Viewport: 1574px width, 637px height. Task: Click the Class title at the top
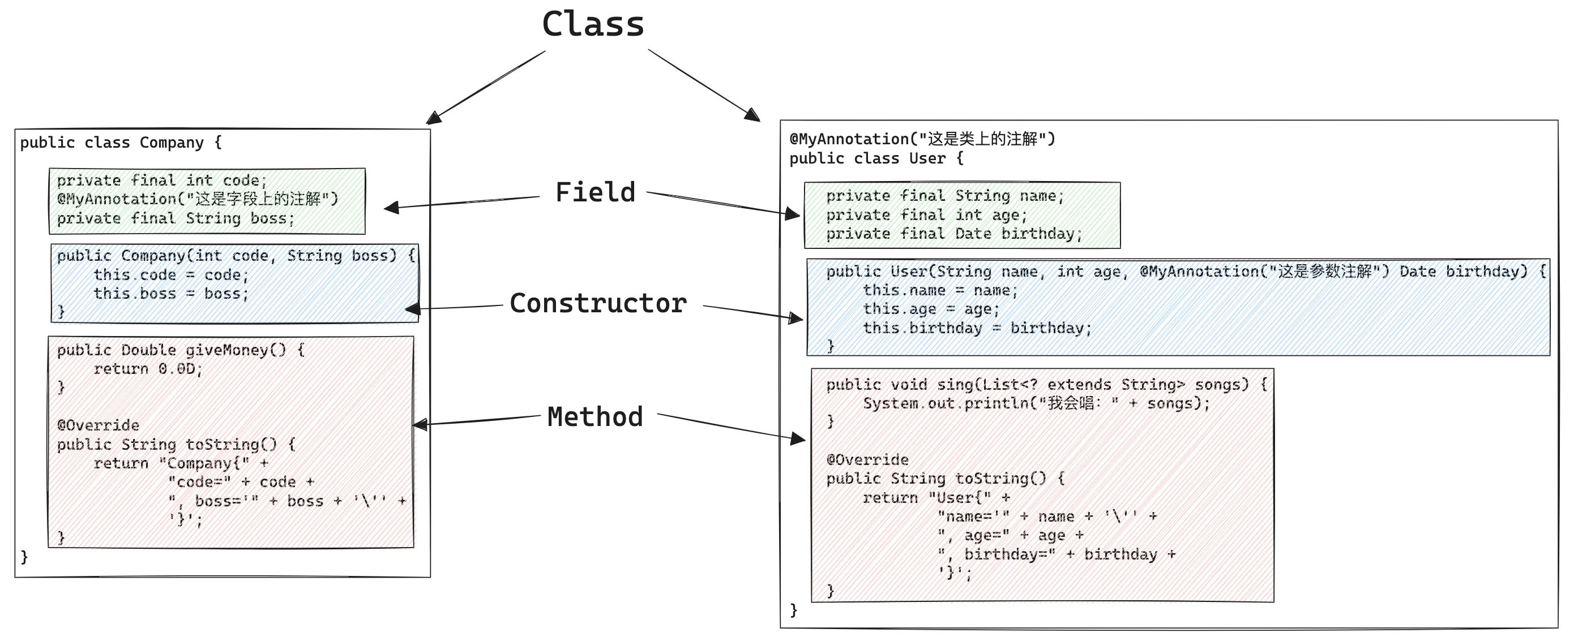click(x=593, y=24)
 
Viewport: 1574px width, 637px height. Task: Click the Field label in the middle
click(x=595, y=192)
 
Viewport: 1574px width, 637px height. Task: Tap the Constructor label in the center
click(x=597, y=304)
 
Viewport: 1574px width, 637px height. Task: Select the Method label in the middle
click(x=595, y=417)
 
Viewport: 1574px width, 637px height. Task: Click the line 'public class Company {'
click(x=121, y=143)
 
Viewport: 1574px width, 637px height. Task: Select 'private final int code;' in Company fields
click(x=162, y=181)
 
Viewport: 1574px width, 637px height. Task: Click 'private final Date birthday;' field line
click(x=954, y=234)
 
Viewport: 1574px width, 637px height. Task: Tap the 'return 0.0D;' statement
click(x=148, y=369)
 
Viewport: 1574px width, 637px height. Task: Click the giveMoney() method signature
click(x=181, y=350)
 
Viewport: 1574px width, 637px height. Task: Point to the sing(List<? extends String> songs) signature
click(x=1046, y=385)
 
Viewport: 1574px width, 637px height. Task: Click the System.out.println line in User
click(x=1036, y=404)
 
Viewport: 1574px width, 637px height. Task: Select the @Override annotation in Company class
click(x=99, y=425)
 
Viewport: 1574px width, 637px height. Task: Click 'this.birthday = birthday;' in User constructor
click(x=977, y=328)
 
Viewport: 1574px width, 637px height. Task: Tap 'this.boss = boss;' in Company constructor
click(x=171, y=294)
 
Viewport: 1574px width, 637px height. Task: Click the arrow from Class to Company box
click(x=489, y=86)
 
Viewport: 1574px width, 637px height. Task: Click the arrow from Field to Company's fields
click(x=464, y=202)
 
